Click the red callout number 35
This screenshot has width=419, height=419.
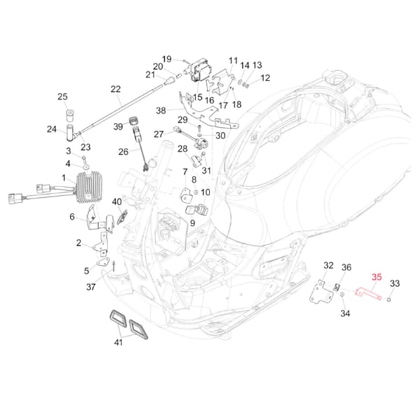(x=376, y=277)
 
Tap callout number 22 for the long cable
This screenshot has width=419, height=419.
(x=115, y=89)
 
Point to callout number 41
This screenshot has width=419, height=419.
(x=119, y=343)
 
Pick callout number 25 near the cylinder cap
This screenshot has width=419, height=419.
(x=62, y=97)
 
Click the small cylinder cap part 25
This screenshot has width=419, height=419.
(x=70, y=115)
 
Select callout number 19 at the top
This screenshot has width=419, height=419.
(x=167, y=59)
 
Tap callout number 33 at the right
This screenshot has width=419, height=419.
(x=395, y=284)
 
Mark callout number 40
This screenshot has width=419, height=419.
(x=117, y=203)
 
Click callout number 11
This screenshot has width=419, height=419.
(x=233, y=61)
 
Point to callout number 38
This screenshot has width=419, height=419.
(x=161, y=110)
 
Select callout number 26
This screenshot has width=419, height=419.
(x=123, y=152)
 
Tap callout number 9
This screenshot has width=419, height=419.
(x=192, y=223)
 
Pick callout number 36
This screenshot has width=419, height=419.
(x=346, y=267)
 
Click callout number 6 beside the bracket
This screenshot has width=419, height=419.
(x=72, y=217)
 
